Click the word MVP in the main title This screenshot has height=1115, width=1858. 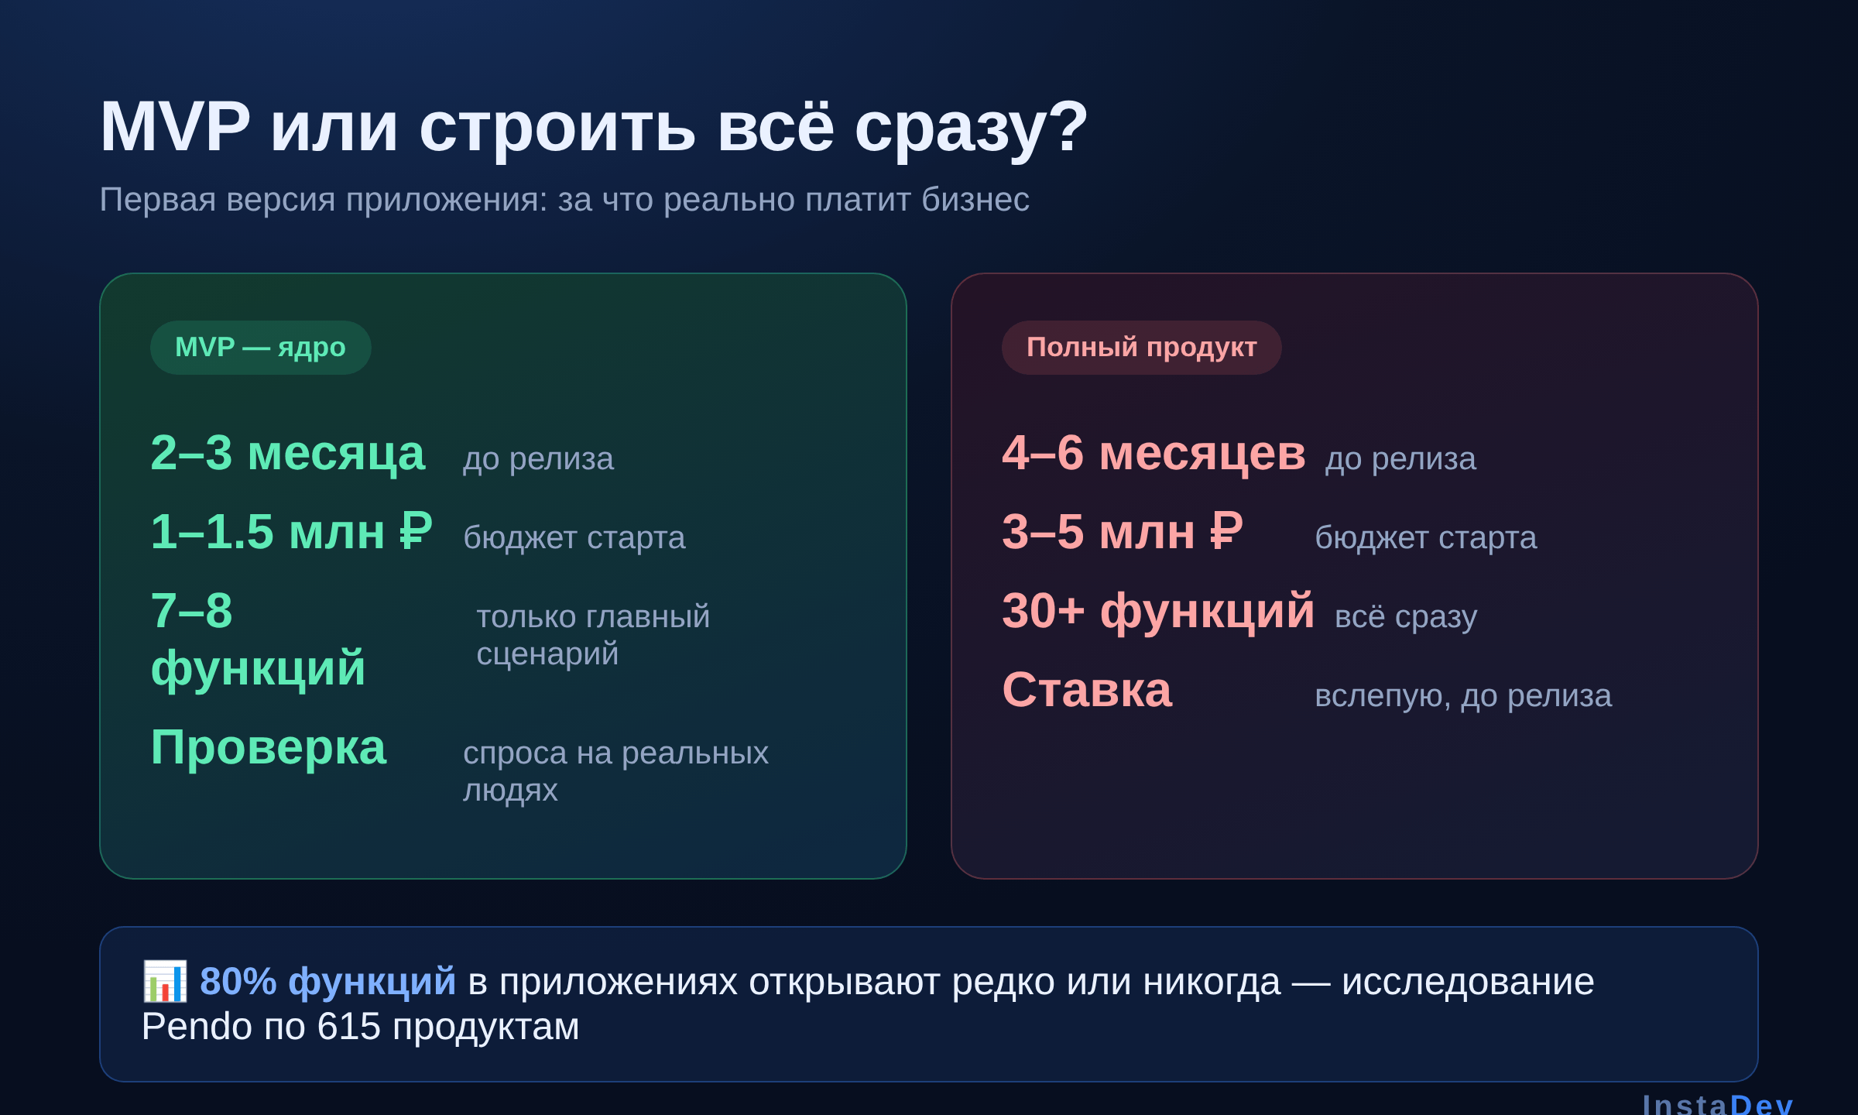point(175,127)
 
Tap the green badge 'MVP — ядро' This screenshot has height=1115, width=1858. point(260,348)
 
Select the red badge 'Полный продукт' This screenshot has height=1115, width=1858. point(1141,348)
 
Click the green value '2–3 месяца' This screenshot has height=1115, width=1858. point(288,453)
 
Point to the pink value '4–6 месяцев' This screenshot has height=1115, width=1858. point(1154,453)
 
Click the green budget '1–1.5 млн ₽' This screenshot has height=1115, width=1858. point(291,532)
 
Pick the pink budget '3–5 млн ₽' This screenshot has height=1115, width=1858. point(1123,532)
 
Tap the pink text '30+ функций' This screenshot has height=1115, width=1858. point(1158,611)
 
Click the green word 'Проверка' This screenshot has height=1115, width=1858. point(268,748)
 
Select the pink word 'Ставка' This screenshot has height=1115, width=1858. point(1087,690)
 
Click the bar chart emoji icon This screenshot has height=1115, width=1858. point(165,981)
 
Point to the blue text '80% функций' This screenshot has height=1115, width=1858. point(327,982)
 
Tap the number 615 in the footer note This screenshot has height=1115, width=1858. point(349,1027)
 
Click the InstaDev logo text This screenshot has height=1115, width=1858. point(1718,1104)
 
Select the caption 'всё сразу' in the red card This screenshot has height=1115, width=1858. point(1406,616)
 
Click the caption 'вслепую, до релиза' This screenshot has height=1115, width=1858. point(1463,695)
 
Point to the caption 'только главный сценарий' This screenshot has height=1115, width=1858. point(593,635)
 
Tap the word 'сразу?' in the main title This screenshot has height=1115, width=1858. point(972,129)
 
